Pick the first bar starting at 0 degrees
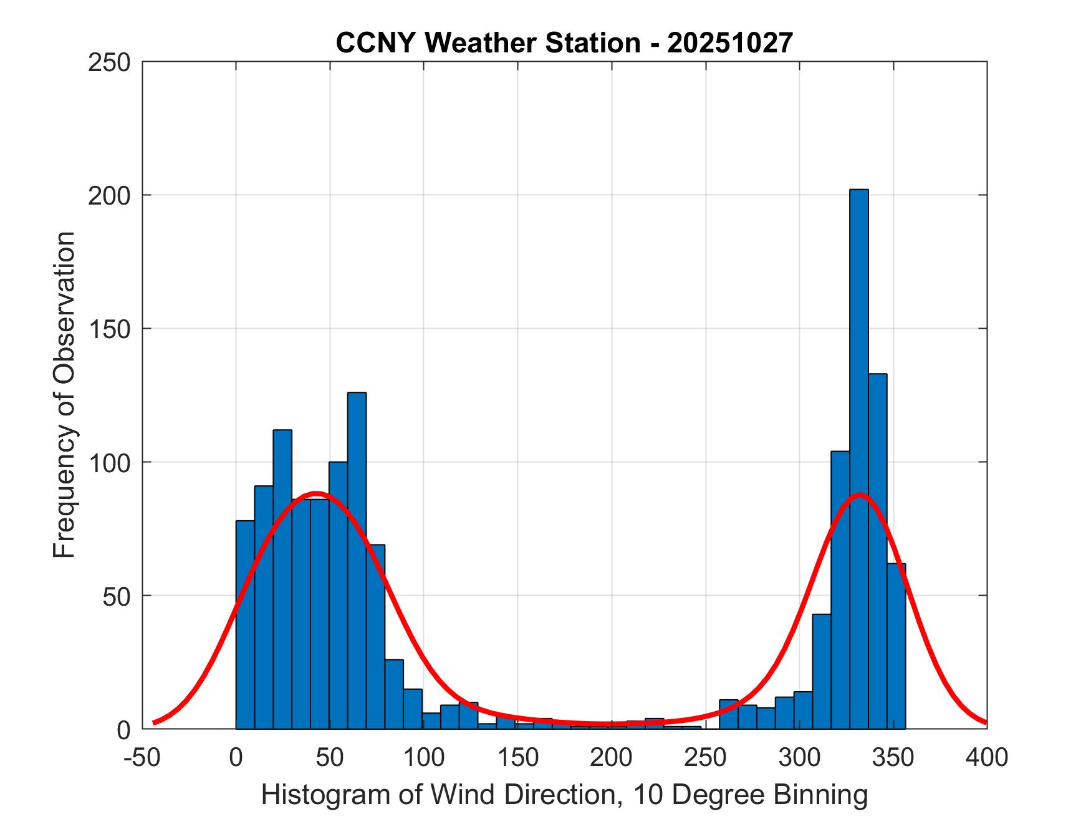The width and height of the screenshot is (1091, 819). coord(245,624)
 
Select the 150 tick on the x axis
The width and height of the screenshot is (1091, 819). coord(517,757)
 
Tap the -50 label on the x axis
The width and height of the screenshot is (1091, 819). coord(143,757)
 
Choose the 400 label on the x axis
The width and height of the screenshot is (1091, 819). coord(987,757)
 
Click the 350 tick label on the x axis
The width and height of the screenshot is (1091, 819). coord(893,757)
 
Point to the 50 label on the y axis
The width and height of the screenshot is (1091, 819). coord(117,596)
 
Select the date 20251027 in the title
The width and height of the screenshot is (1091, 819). coord(730,43)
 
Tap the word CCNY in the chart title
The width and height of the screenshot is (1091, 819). coord(377,43)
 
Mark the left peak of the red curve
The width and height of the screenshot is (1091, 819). coord(317,493)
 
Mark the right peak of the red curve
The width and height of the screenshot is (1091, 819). coord(860,495)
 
